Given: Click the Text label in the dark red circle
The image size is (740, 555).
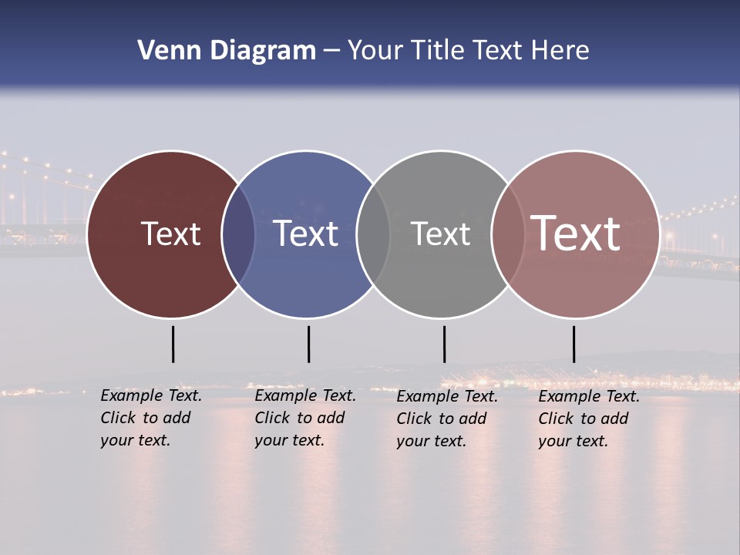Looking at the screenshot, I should click(170, 234).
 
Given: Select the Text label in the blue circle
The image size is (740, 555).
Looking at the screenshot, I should click(305, 234).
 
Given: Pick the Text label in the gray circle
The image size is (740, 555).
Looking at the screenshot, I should click(440, 234).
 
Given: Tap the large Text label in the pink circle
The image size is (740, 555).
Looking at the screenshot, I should click(575, 234).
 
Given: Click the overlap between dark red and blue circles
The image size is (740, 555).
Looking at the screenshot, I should click(238, 234).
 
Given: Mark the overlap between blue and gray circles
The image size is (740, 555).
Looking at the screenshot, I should click(373, 234).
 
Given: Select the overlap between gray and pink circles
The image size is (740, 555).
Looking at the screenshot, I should click(507, 234).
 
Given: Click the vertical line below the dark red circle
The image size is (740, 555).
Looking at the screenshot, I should click(173, 344).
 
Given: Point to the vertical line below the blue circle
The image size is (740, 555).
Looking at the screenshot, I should click(308, 344).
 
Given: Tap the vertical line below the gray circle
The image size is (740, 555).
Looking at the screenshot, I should click(444, 344).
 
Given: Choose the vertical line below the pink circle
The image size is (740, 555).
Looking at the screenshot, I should click(573, 344).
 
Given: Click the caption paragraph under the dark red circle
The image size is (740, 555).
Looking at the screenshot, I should click(151, 418).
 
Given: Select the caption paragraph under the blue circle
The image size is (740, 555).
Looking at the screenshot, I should click(305, 418).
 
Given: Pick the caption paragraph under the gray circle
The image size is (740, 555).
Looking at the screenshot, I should click(447, 419).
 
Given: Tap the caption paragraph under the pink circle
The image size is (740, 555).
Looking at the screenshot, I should click(589, 419).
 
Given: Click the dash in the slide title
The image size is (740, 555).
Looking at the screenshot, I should click(331, 51).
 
